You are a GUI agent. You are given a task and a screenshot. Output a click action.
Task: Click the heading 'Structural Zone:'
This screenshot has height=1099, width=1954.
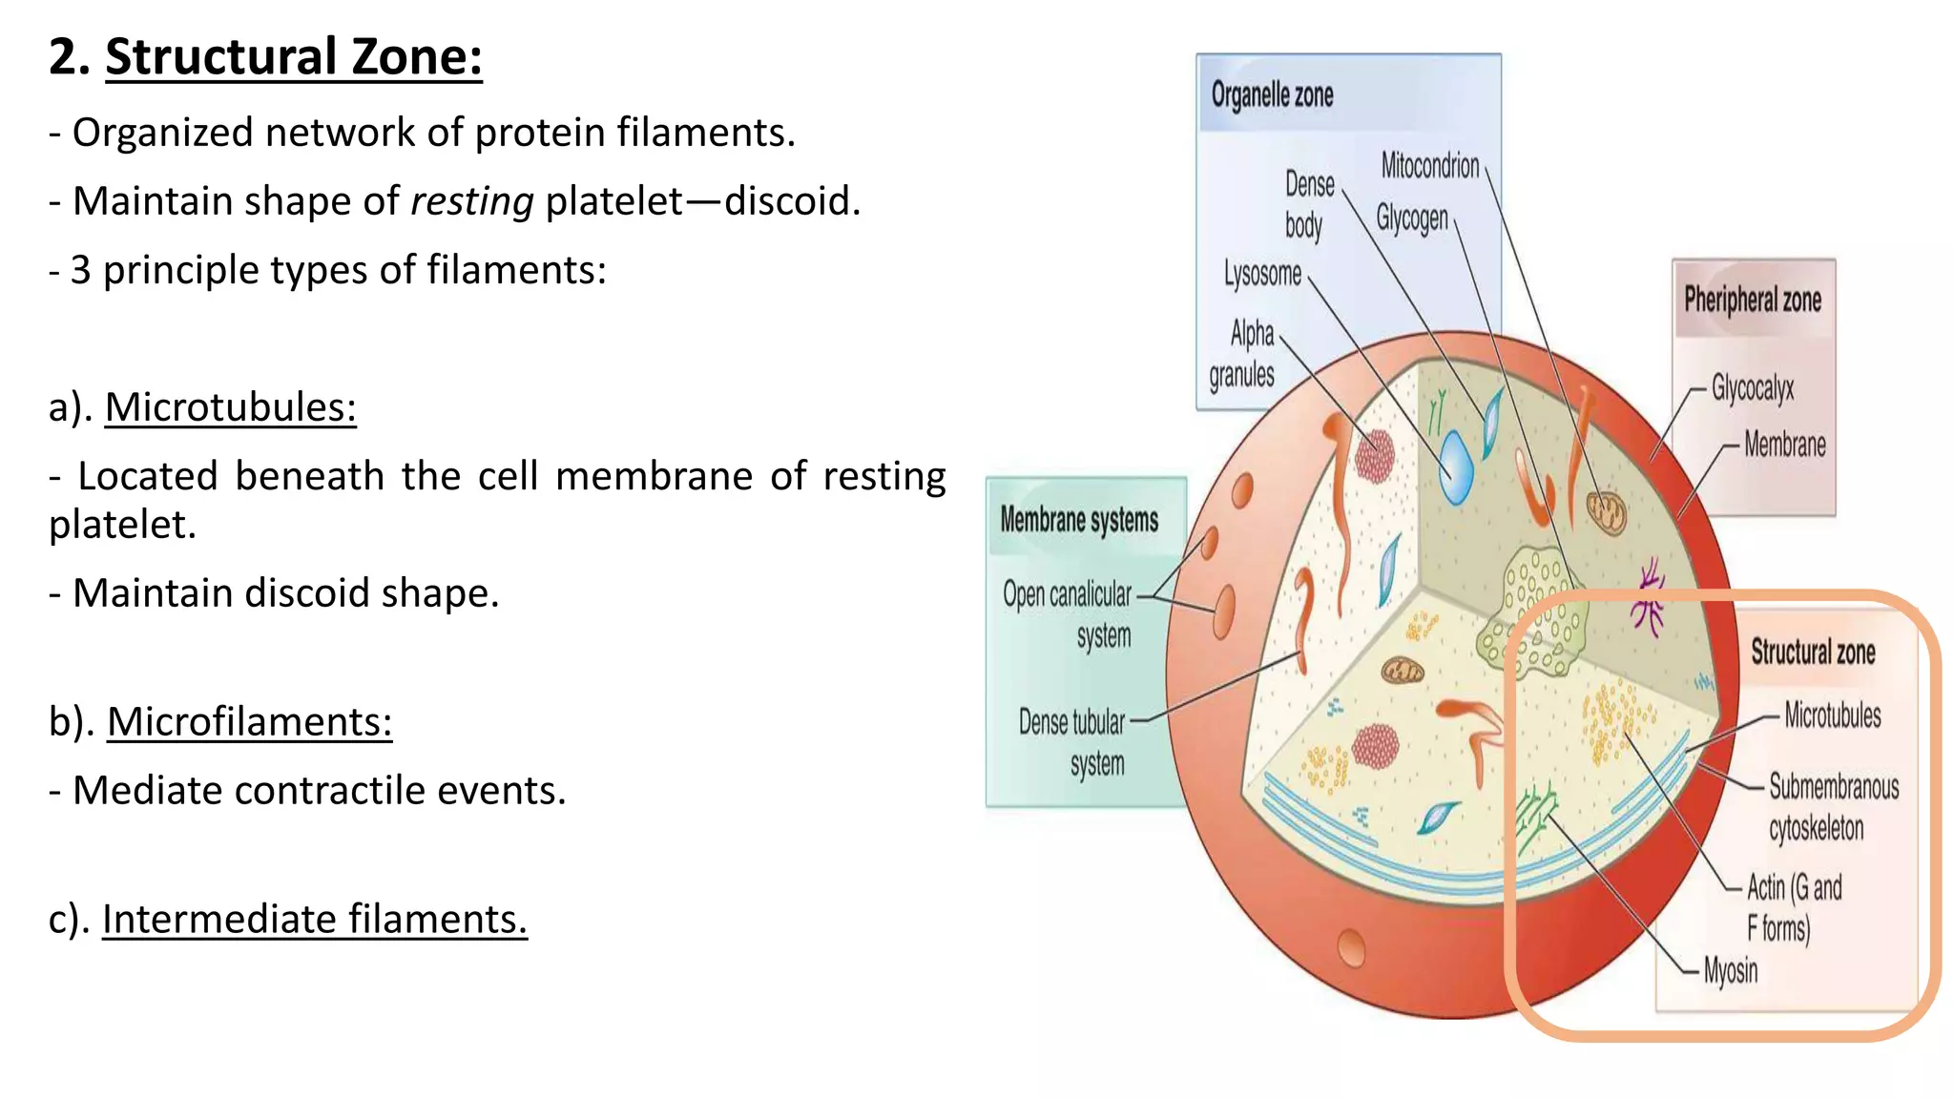point(293,57)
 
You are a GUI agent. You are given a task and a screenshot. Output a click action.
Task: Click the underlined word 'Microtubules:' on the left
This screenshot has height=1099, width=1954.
point(230,407)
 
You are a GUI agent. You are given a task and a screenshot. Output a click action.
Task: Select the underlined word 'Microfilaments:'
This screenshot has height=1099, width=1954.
point(249,722)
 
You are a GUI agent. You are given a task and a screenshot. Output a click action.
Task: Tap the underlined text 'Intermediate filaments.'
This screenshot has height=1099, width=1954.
point(314,920)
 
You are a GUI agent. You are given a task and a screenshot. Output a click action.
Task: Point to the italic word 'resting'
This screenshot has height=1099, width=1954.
point(471,201)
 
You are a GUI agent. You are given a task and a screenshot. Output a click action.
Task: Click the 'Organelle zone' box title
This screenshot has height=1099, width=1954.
point(1272,95)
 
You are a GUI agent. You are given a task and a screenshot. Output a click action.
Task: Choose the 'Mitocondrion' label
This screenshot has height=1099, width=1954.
point(1429,166)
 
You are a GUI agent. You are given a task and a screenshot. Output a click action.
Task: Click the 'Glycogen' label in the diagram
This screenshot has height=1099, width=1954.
point(1411,218)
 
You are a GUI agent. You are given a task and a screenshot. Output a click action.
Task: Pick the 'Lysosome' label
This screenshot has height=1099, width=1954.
point(1262,274)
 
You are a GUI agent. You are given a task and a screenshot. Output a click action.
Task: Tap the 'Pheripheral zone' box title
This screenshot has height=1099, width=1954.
point(1752,301)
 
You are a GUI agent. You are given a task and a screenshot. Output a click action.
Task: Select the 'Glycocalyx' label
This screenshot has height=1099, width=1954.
point(1752,388)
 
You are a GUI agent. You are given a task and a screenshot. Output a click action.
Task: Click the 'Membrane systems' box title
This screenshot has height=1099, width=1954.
point(1079,520)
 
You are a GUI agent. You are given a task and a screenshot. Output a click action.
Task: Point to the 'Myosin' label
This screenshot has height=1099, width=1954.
point(1730,971)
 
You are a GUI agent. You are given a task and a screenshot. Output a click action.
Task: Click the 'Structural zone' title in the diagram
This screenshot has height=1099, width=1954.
point(1812,653)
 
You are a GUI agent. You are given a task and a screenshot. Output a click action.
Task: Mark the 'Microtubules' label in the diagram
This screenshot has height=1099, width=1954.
point(1832,715)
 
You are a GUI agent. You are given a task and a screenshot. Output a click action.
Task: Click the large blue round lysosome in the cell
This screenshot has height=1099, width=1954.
point(1456,467)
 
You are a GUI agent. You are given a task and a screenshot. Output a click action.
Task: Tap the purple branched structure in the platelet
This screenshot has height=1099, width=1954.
point(1649,599)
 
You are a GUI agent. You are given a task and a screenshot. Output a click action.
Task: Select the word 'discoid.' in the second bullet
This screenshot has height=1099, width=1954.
point(792,201)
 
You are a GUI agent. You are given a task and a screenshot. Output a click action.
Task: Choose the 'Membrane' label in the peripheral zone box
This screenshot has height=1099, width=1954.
point(1784,445)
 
